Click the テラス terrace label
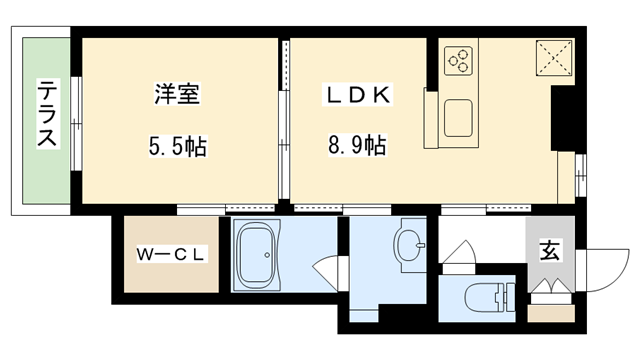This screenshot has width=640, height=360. (46, 116)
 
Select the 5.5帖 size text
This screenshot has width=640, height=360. (178, 148)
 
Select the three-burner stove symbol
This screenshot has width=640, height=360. (458, 59)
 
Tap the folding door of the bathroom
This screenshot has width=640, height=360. (326, 269)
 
